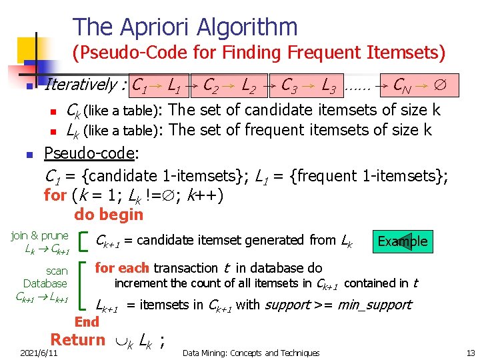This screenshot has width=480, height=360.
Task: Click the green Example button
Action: [x=403, y=241]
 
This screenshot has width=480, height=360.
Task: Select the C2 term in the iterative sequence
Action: [x=213, y=85]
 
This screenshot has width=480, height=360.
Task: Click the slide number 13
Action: [x=470, y=353]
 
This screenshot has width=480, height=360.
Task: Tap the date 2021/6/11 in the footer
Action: [x=39, y=353]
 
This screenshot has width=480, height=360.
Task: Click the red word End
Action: [x=87, y=322]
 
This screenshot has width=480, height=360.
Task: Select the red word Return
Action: [x=78, y=340]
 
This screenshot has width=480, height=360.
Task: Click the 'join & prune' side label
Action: [x=40, y=236]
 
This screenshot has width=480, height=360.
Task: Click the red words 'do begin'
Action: [x=109, y=215]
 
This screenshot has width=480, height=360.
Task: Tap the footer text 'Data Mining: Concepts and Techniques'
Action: [x=251, y=353]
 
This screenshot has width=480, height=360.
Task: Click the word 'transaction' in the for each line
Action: [x=185, y=268]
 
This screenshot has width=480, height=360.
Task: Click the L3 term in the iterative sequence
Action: [x=328, y=85]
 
